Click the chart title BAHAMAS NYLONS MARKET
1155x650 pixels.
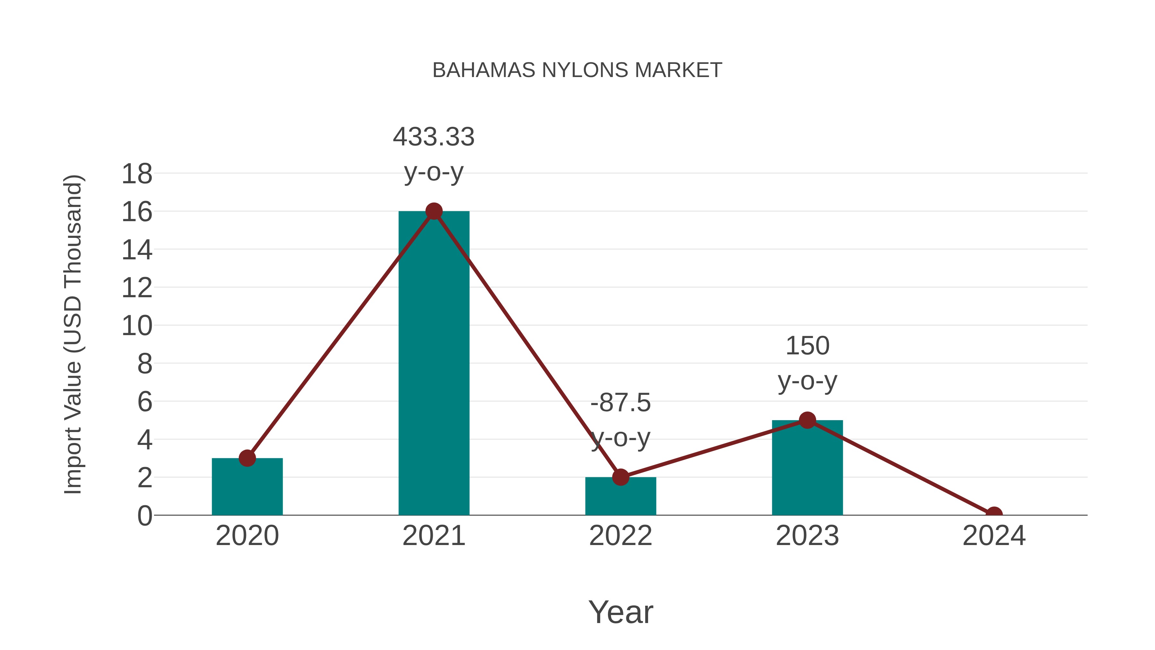click(577, 70)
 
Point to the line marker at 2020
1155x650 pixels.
click(247, 458)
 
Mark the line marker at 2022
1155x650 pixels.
click(620, 477)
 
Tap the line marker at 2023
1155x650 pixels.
click(807, 420)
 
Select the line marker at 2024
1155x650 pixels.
click(994, 514)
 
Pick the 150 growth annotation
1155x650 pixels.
click(808, 363)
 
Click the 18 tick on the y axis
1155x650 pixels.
click(137, 174)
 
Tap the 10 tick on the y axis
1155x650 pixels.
click(137, 326)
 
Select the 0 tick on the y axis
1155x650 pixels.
click(144, 516)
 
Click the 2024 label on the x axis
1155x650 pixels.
click(994, 536)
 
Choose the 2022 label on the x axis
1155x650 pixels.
click(620, 536)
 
